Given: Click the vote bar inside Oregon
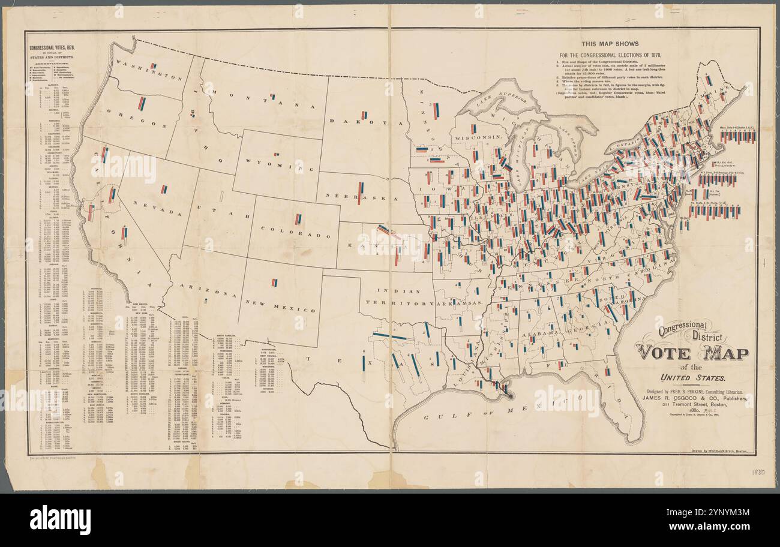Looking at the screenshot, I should click(x=142, y=104).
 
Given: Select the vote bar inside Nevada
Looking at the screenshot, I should click(x=164, y=190).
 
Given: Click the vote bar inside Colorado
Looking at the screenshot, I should click(x=298, y=220).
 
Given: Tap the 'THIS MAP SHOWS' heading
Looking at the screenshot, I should click(x=610, y=44).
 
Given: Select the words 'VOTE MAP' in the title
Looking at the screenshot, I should click(x=692, y=353).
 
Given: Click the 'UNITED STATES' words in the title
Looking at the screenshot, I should click(x=692, y=378).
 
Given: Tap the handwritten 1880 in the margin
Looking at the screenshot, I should click(x=758, y=473).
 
